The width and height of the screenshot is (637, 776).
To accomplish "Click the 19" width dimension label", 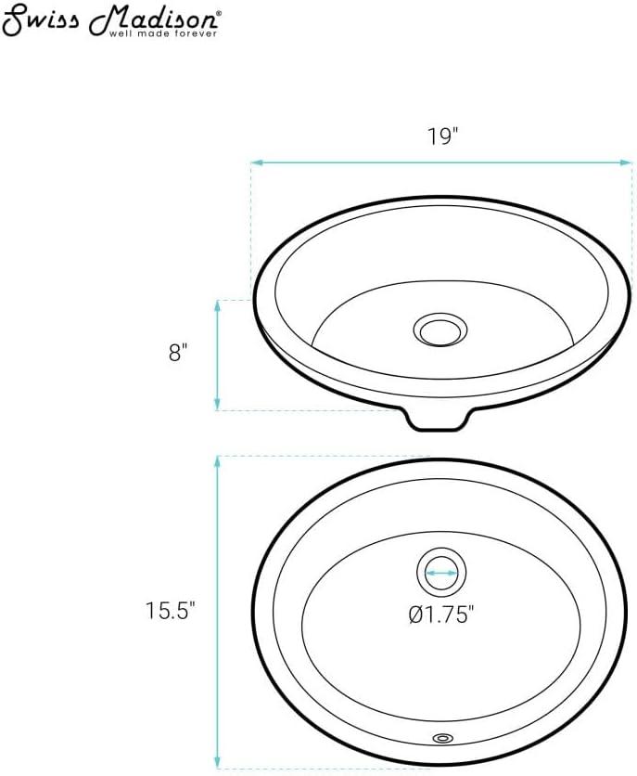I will pos(443,136).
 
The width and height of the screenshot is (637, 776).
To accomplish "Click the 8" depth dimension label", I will pos(180,353).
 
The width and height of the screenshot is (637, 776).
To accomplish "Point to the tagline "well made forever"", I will pos(164,34).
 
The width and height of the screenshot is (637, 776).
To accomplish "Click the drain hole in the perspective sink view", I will pos(440,329).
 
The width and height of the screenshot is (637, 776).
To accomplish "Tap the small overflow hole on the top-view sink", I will pos(442,739).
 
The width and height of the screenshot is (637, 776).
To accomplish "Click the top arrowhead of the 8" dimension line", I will pos(217,304).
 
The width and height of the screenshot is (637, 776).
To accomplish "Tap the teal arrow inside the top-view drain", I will pos(441,573).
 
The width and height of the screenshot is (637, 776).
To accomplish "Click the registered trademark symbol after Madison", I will pos(219,14).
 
